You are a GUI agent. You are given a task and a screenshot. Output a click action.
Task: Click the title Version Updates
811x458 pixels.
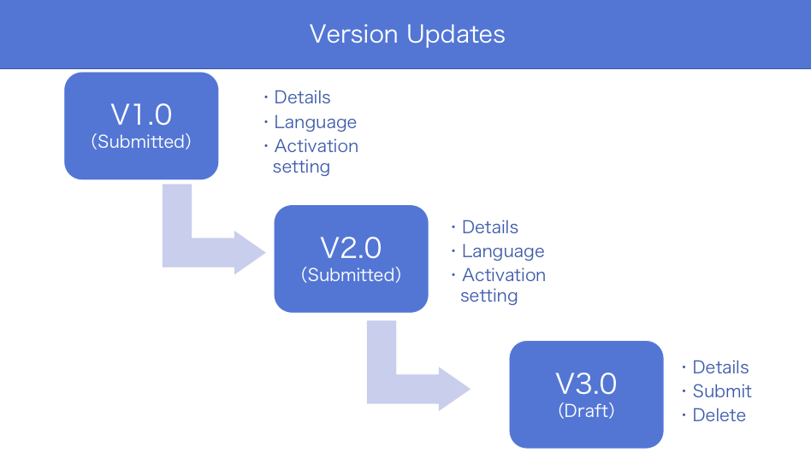point(407,34)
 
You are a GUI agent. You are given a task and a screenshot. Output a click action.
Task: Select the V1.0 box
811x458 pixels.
point(141,126)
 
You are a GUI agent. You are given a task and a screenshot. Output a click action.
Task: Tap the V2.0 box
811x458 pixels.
point(352,259)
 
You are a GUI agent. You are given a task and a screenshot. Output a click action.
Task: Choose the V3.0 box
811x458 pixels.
point(587,395)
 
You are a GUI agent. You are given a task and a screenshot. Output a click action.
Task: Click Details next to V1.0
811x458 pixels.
point(302,97)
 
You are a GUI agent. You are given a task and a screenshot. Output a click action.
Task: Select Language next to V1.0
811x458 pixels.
point(315,122)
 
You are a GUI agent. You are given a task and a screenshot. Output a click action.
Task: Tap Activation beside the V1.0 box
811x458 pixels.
point(316,146)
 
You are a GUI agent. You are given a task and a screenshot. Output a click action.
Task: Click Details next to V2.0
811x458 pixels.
point(490,227)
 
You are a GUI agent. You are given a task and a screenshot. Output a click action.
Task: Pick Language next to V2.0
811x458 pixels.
point(503,251)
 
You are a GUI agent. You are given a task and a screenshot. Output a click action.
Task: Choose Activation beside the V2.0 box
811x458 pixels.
point(504,275)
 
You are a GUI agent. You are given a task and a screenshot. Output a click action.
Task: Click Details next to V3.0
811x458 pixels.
point(720,367)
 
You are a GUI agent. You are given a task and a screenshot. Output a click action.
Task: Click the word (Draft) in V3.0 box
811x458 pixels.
point(587,411)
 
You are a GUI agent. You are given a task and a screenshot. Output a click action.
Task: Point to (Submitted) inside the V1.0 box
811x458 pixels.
point(141,142)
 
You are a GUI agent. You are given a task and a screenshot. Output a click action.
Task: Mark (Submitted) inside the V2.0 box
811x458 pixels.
point(352,274)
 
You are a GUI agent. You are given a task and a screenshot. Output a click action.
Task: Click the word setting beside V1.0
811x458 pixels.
point(301,167)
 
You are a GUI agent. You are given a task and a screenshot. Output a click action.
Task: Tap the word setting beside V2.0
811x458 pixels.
point(489,297)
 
